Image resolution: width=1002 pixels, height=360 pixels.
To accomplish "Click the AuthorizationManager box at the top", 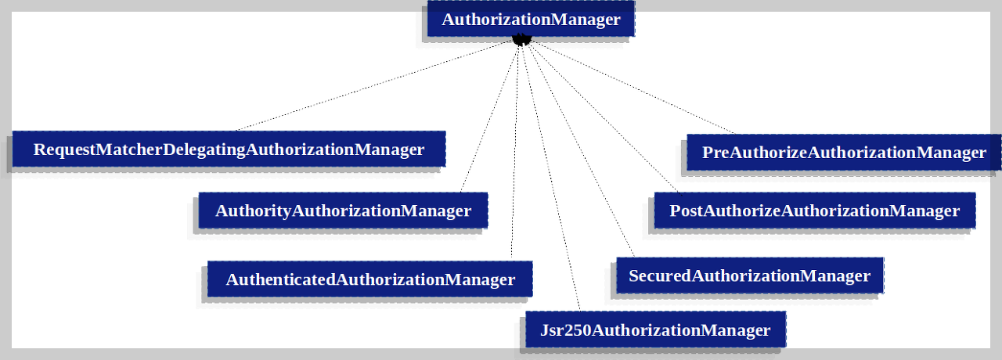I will pyautogui.click(x=531, y=20).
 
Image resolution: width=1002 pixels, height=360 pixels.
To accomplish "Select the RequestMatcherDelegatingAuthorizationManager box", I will pyautogui.click(x=229, y=149).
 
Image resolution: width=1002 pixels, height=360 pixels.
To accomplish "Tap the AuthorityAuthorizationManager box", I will pyautogui.click(x=343, y=210).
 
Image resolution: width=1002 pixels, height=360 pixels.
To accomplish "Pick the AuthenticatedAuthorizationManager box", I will pyautogui.click(x=370, y=279).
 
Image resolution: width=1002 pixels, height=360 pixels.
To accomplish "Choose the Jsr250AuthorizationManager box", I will pyautogui.click(x=655, y=329).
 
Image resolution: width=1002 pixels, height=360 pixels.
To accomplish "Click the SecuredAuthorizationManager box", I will pyautogui.click(x=749, y=275).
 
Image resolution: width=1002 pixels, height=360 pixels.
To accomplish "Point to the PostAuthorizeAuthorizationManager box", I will pyautogui.click(x=814, y=210).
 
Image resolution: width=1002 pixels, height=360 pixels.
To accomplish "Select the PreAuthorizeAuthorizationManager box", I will pyautogui.click(x=844, y=152).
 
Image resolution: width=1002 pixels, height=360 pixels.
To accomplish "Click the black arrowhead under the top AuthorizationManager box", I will pyautogui.click(x=522, y=39).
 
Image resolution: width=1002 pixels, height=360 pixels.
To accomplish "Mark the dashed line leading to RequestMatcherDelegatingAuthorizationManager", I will pyautogui.click(x=376, y=86).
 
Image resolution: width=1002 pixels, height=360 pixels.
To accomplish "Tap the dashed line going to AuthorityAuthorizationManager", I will pyautogui.click(x=489, y=117).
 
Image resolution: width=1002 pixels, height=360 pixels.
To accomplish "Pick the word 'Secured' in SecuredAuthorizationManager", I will pyautogui.click(x=660, y=275).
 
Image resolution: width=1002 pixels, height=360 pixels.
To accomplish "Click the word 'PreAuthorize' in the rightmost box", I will pyautogui.click(x=754, y=152).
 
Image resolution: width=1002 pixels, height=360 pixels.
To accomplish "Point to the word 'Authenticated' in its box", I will pyautogui.click(x=281, y=279).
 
